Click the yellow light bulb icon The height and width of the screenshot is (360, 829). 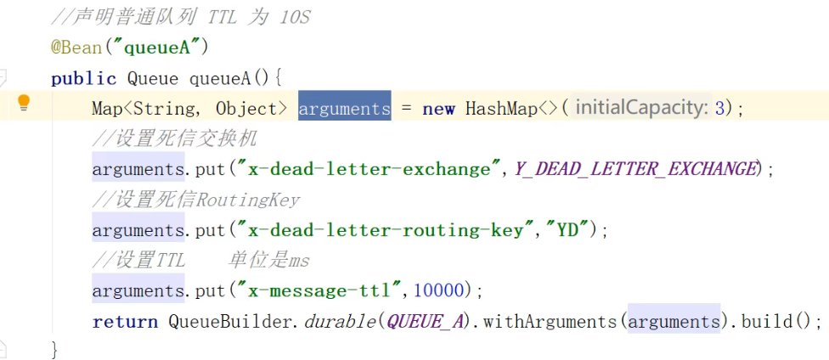point(24,104)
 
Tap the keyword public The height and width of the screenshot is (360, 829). point(83,79)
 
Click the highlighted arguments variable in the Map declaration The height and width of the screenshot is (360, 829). point(344,109)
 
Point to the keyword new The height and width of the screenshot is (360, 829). point(438,109)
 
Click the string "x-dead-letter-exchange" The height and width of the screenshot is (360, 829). point(369,169)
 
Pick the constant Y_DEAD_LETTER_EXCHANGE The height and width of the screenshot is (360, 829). point(634,169)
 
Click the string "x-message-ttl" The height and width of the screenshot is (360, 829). point(322,291)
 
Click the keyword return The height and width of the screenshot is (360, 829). point(125,322)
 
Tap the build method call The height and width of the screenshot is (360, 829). point(767,322)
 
